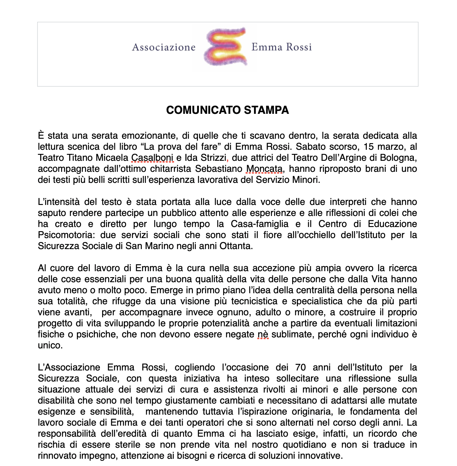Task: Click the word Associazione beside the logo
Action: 164,47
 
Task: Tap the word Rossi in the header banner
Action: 299,47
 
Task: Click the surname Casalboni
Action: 152,158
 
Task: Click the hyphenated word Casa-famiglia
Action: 259,224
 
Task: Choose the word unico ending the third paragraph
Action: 50,345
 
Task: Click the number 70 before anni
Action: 300,367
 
